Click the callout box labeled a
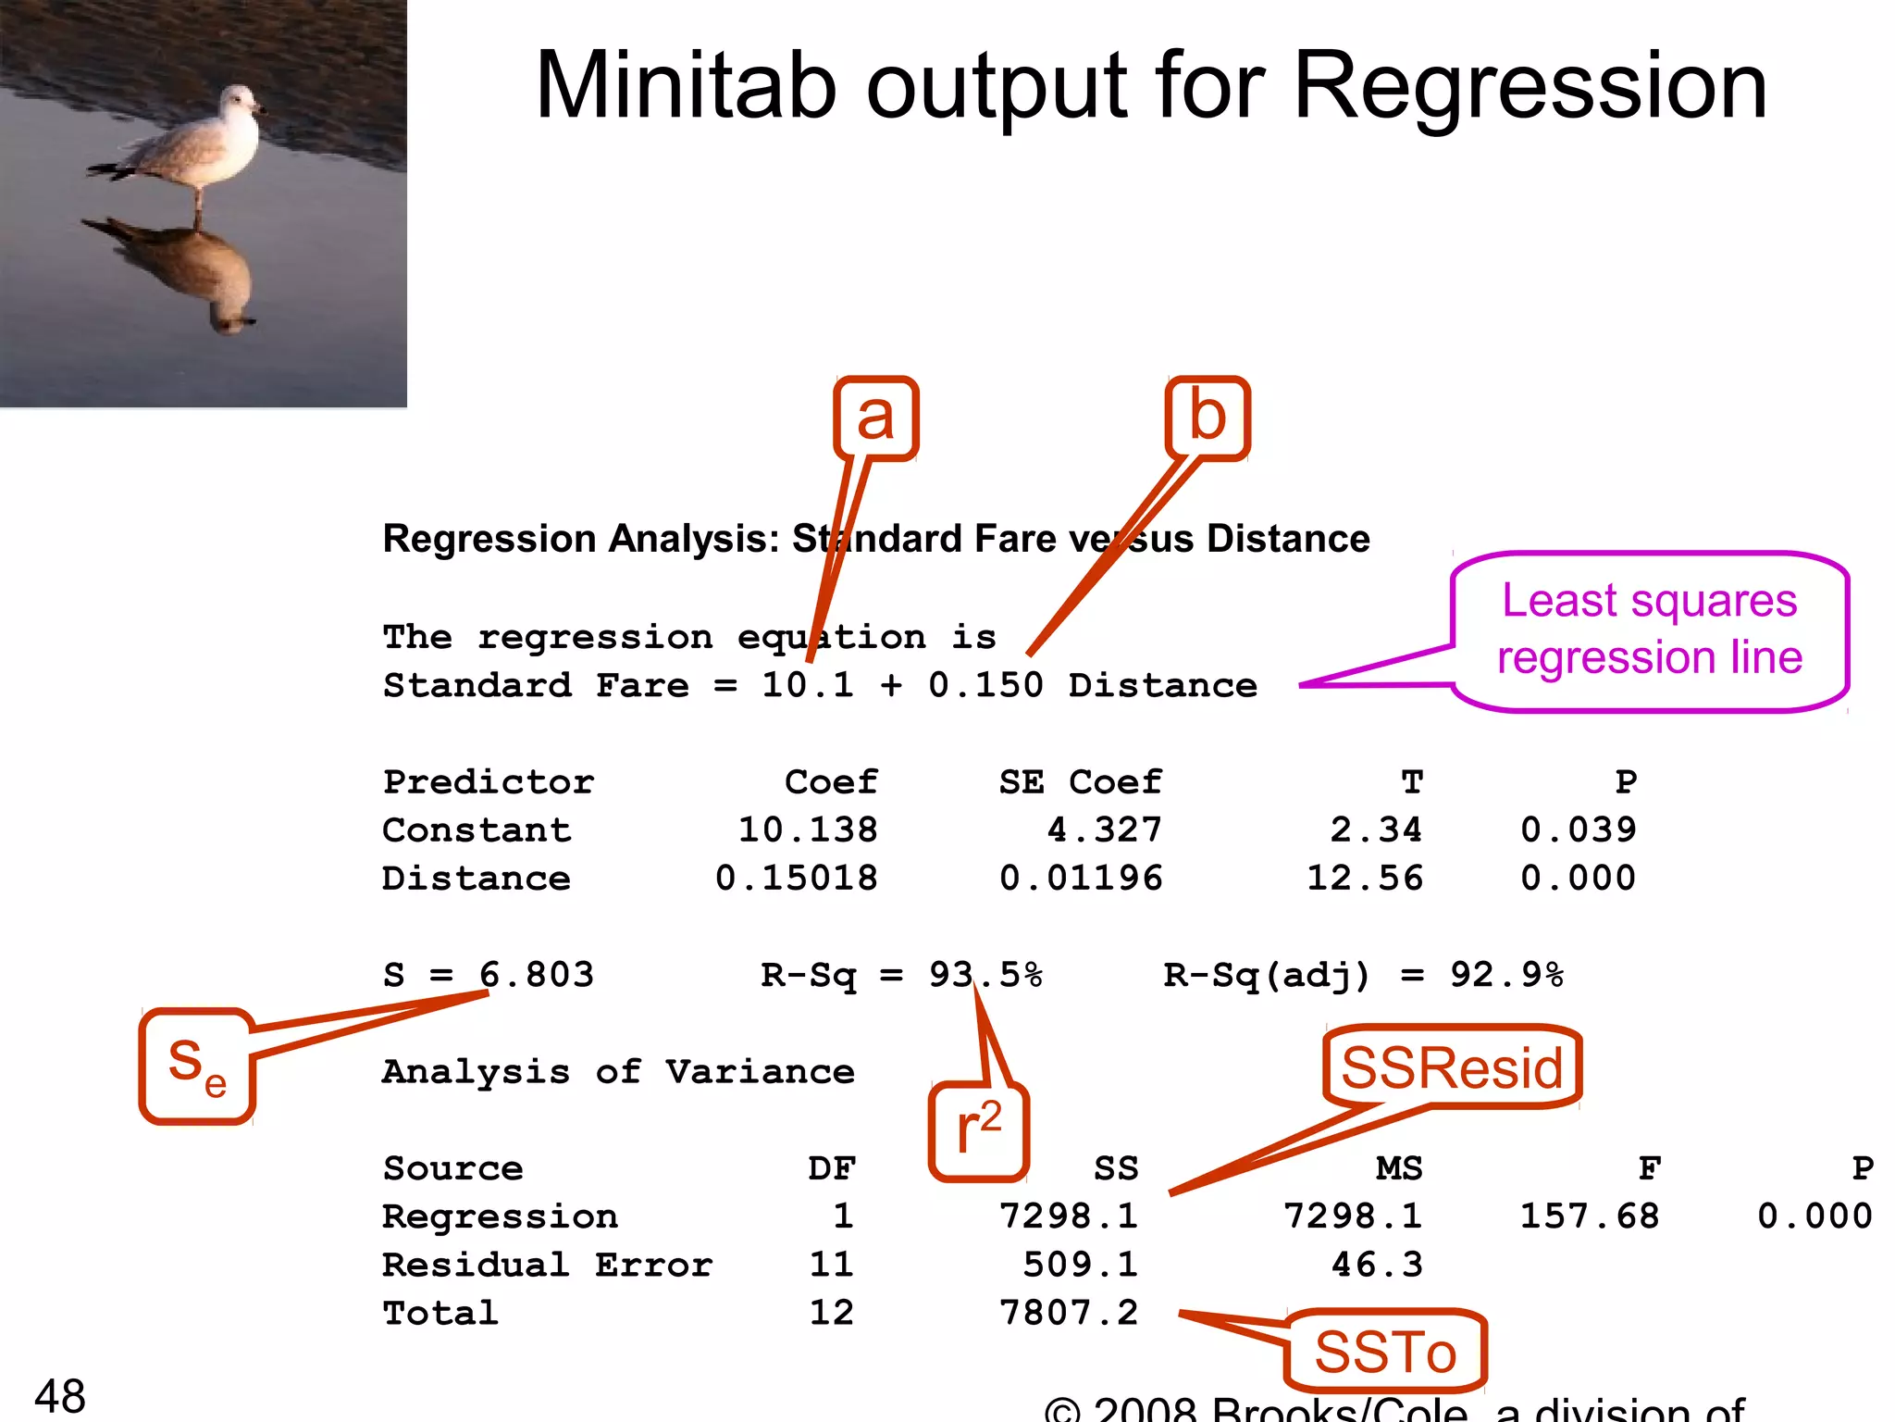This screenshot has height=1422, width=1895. [x=875, y=418]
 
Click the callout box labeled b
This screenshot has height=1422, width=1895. [x=1208, y=418]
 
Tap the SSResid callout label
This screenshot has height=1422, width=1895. [x=1452, y=1067]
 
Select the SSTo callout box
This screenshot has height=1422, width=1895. [x=1385, y=1351]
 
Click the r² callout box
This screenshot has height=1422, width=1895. [x=979, y=1130]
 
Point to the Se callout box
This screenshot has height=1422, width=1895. [x=197, y=1066]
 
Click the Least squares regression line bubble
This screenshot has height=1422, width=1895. [x=1650, y=630]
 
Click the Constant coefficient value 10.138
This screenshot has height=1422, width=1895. [x=807, y=829]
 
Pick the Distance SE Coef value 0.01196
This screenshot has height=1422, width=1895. [x=1081, y=878]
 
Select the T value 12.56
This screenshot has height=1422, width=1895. [x=1365, y=878]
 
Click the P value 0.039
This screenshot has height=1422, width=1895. [x=1579, y=829]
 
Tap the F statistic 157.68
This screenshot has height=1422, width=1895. [x=1590, y=1216]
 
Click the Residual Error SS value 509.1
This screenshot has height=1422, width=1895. [x=1080, y=1265]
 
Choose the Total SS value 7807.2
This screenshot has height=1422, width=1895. [x=1069, y=1313]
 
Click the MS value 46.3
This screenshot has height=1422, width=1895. [x=1377, y=1265]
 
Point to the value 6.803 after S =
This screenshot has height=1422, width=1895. [x=537, y=975]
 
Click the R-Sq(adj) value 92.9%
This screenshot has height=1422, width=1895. [x=1506, y=975]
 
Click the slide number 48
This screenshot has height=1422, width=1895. [x=60, y=1395]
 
